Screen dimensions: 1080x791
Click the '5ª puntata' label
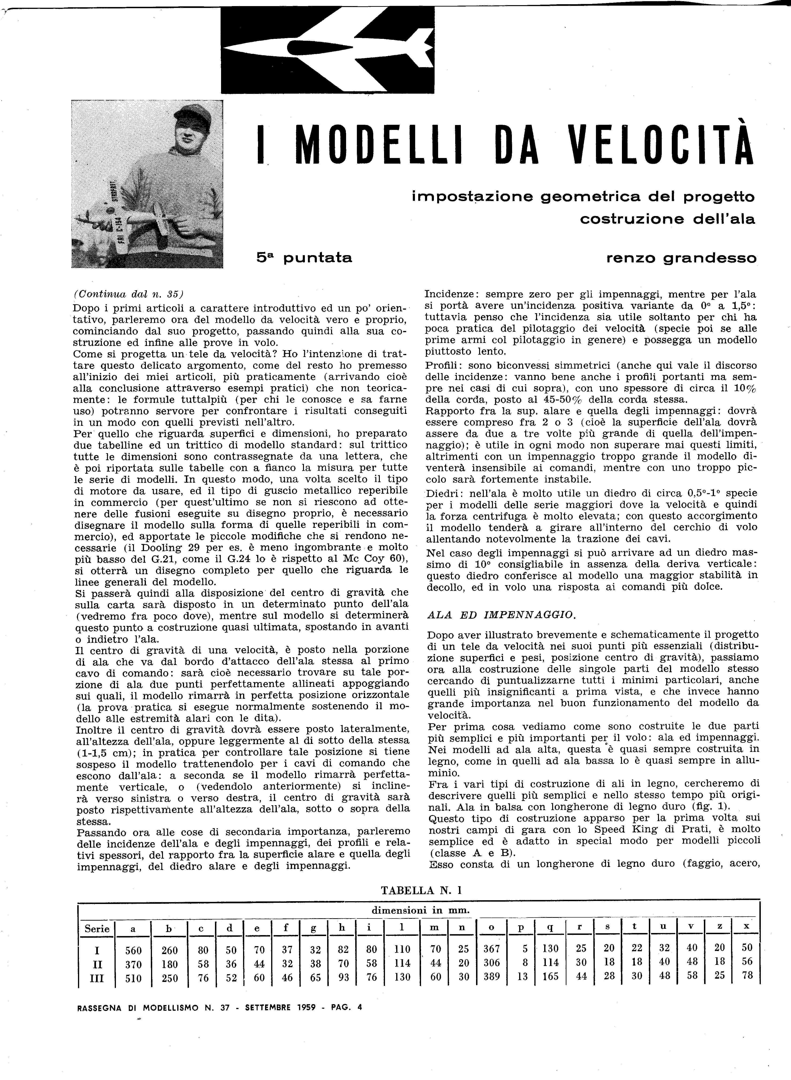304,258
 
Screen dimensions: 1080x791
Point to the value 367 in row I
491,949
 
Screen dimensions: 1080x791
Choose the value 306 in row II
491,963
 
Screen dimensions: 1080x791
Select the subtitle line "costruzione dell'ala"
667,219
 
